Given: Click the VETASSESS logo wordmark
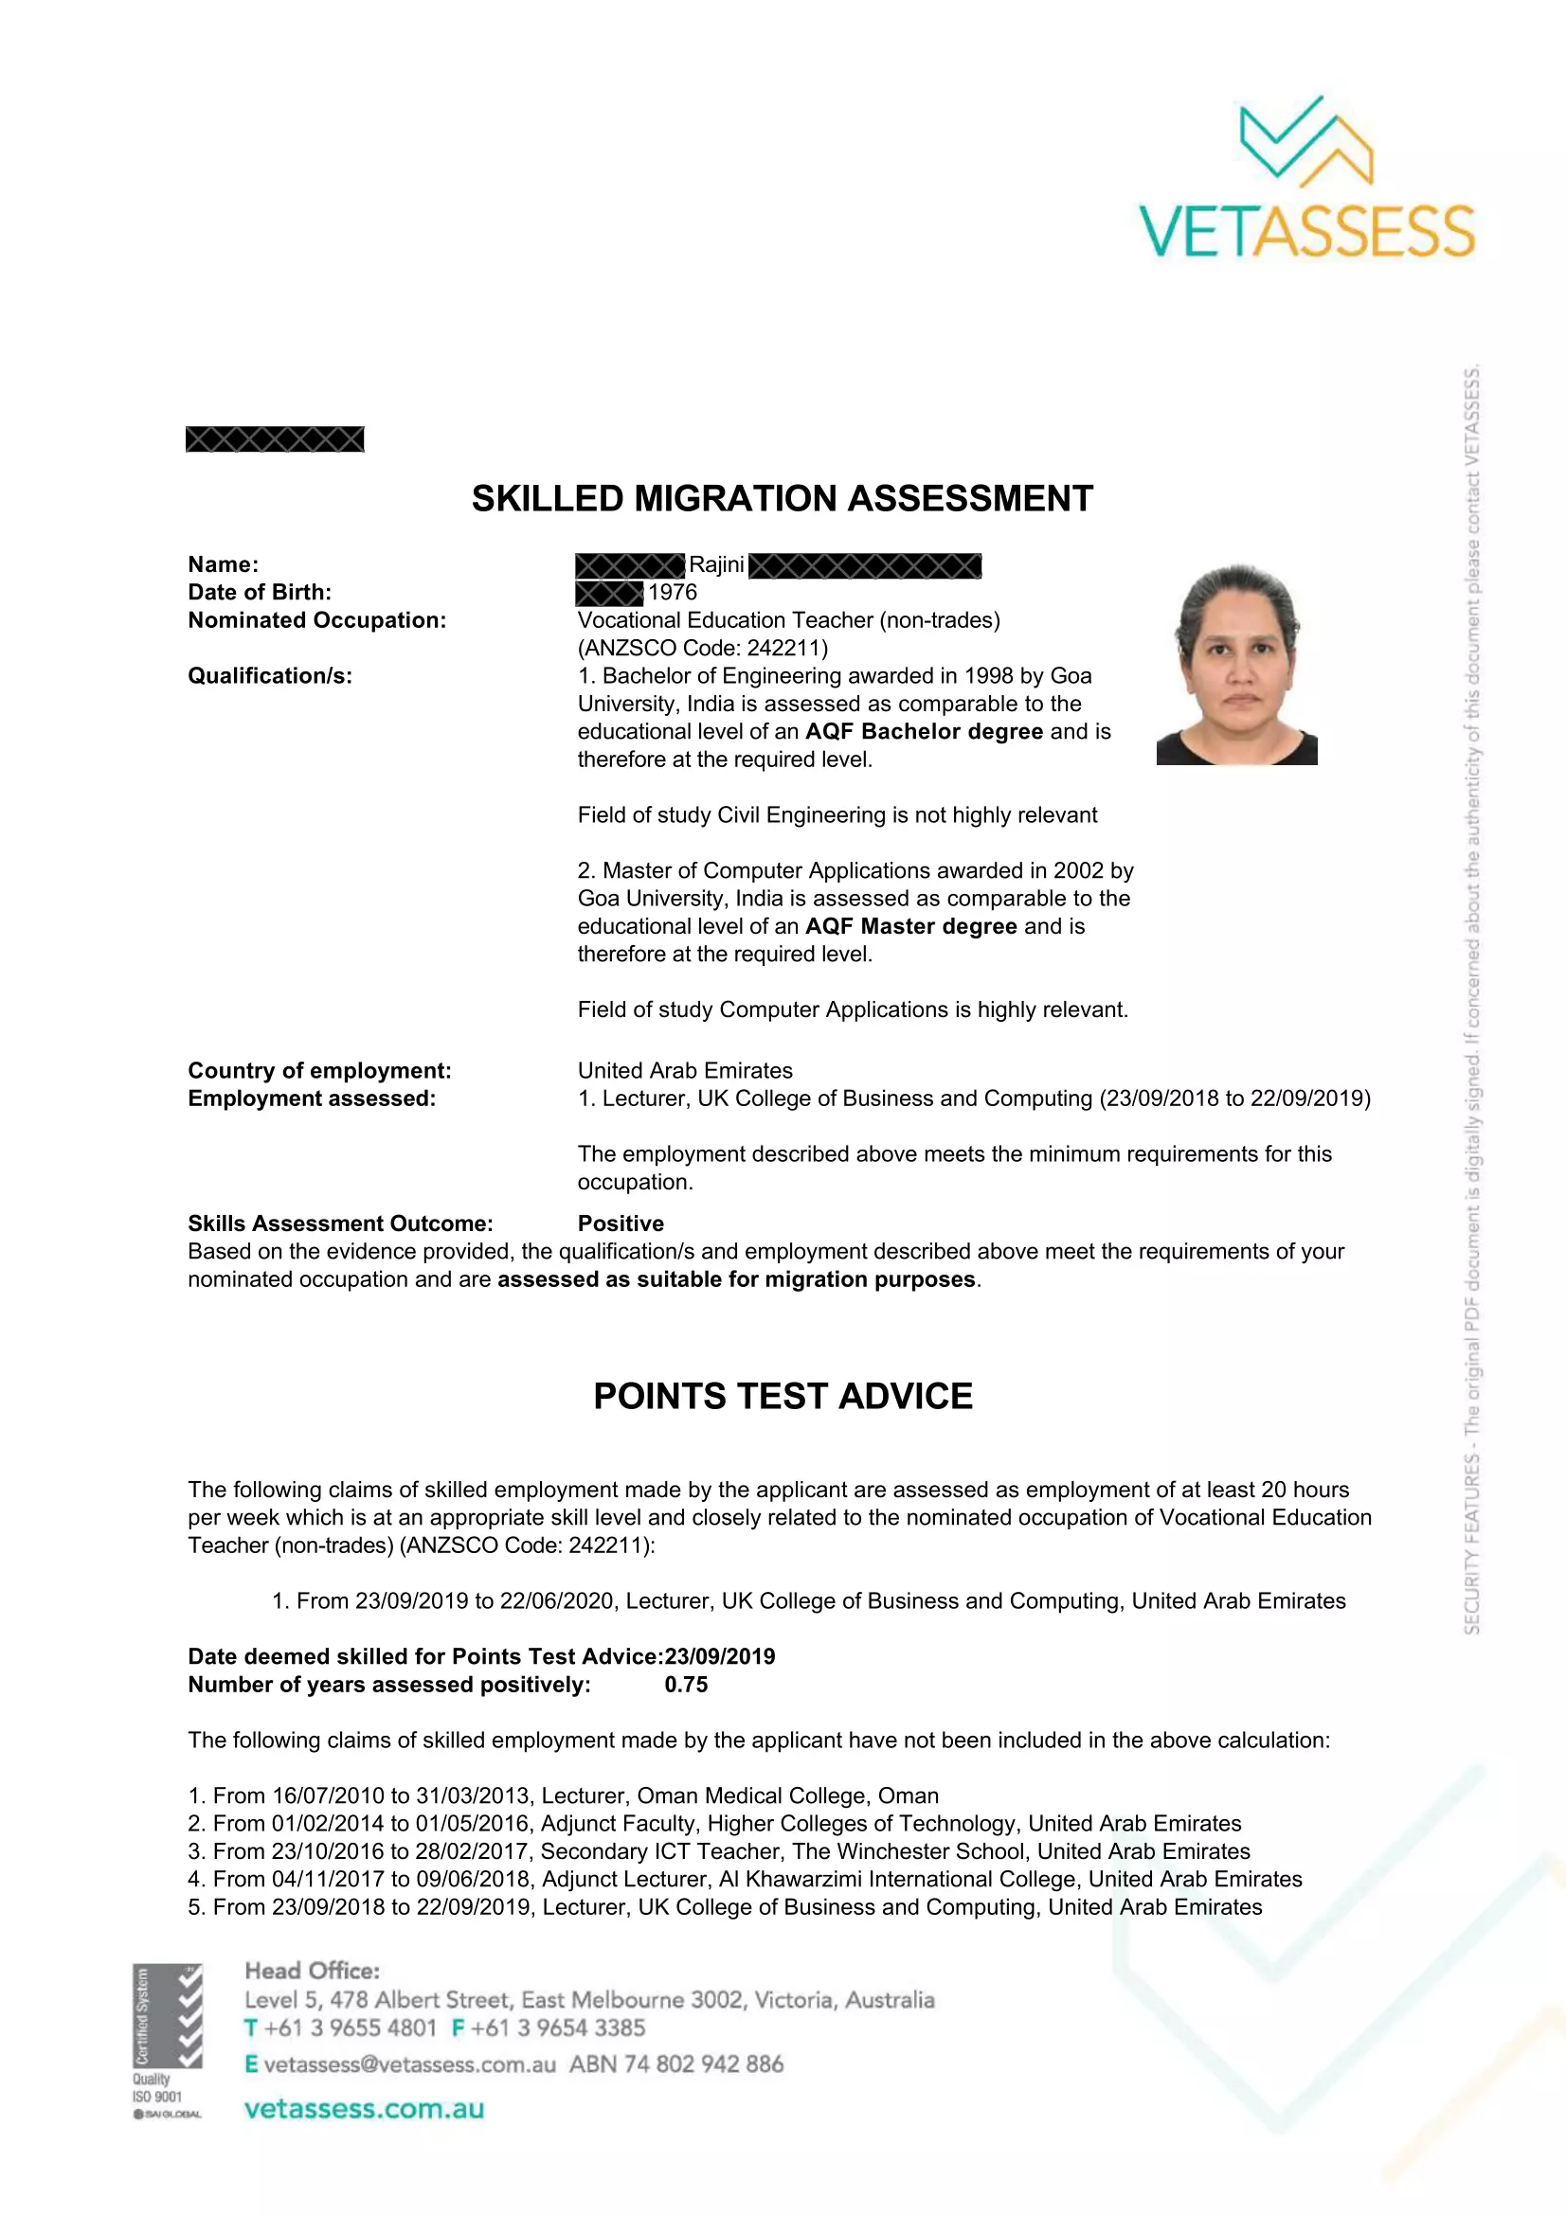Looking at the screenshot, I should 1306,230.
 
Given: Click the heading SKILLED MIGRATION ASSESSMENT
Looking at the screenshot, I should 782,499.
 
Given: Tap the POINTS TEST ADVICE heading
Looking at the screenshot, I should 783,1396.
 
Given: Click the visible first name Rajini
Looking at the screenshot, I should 716,564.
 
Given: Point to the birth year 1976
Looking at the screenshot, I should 673,592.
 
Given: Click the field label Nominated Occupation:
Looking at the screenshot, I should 316,620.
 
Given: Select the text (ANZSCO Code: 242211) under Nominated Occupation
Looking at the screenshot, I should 702,649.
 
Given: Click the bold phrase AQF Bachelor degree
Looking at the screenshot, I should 924,731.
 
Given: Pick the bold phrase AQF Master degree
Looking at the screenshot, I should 910,926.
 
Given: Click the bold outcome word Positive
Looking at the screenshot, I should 621,1224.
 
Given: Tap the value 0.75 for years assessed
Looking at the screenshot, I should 686,1685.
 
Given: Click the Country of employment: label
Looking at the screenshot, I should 319,1071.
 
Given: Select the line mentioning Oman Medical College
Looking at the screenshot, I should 564,1795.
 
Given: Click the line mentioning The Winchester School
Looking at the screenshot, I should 719,1851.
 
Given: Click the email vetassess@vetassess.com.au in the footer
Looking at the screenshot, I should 409,2064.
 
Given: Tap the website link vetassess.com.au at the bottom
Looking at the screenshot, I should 364,2109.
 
